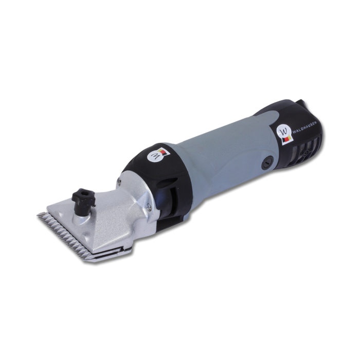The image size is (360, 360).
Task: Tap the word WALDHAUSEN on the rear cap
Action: (304, 128)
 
